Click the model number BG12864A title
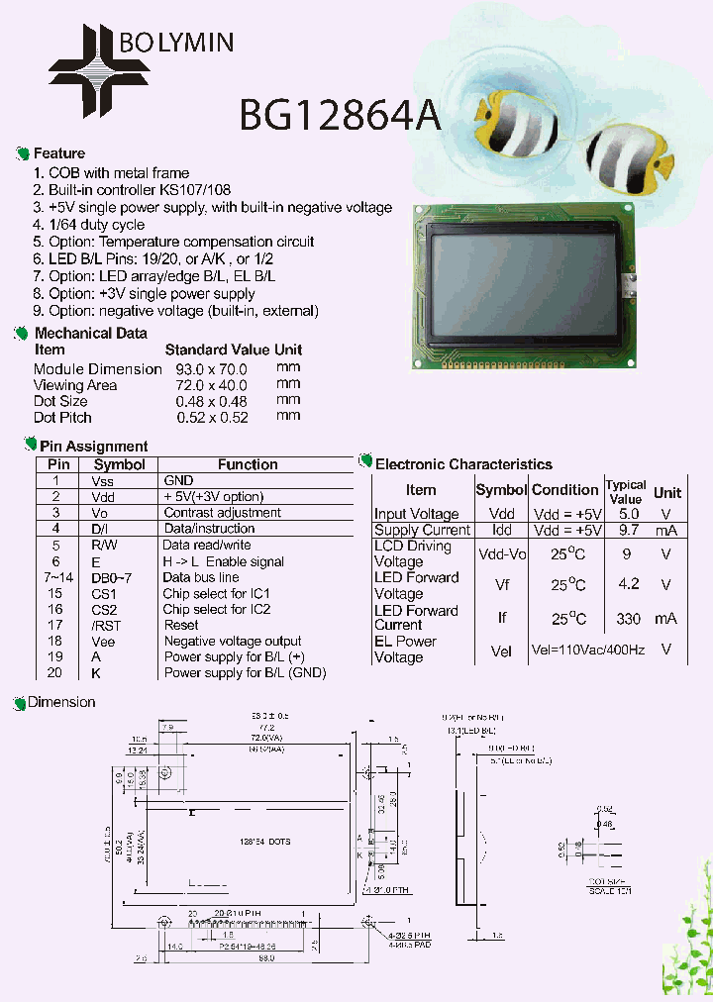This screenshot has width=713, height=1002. [x=340, y=116]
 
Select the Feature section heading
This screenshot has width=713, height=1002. [x=59, y=153]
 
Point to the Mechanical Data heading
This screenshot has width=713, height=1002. [x=90, y=334]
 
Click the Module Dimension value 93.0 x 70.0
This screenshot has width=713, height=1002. [x=211, y=369]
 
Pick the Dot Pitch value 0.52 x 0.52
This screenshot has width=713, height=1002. [x=211, y=417]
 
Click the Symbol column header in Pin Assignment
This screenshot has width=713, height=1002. [x=119, y=464]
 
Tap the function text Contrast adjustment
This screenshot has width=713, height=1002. [x=222, y=513]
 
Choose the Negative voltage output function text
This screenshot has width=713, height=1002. [x=233, y=641]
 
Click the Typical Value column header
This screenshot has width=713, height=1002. [x=626, y=491]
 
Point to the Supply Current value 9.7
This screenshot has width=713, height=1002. [x=628, y=530]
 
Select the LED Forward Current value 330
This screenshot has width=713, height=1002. [x=628, y=618]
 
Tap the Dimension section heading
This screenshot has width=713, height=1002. [x=61, y=702]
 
